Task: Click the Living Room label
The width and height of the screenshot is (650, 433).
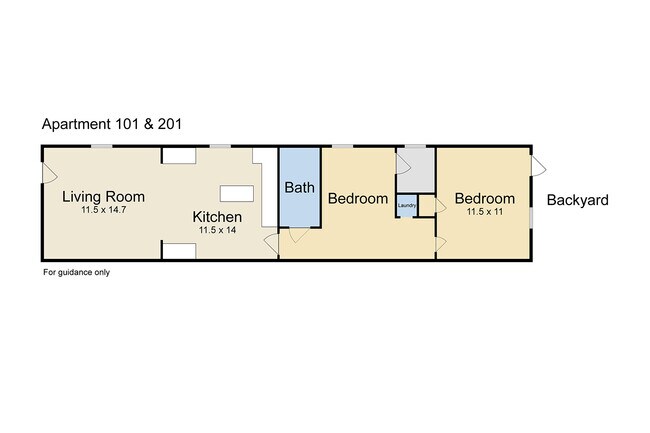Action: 104,196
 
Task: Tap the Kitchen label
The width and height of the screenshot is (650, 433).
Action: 217,217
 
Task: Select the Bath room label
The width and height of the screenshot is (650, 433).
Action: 299,188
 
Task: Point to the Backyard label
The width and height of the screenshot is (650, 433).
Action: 577,200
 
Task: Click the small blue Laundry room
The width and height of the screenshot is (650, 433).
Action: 407,205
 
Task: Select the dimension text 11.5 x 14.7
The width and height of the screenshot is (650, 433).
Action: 104,210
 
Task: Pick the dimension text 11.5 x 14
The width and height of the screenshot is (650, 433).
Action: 217,230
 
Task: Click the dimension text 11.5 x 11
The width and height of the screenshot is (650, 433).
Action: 485,212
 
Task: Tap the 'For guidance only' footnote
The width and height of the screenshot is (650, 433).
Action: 77,272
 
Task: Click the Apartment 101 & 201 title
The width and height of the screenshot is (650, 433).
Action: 112,124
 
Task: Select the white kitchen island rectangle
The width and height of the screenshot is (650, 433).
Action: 237,194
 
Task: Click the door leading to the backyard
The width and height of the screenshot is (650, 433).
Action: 538,166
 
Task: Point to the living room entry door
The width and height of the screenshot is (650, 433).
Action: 49,173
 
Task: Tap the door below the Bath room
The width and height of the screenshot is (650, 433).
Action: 298,235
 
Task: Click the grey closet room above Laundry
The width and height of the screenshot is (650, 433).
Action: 416,170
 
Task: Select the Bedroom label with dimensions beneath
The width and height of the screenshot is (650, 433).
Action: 485,198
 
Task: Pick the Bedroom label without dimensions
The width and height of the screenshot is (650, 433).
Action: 358,198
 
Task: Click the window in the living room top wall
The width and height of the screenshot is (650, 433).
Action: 102,146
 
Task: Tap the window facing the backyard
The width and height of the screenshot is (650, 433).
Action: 531,217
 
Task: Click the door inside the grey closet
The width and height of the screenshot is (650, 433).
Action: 403,164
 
